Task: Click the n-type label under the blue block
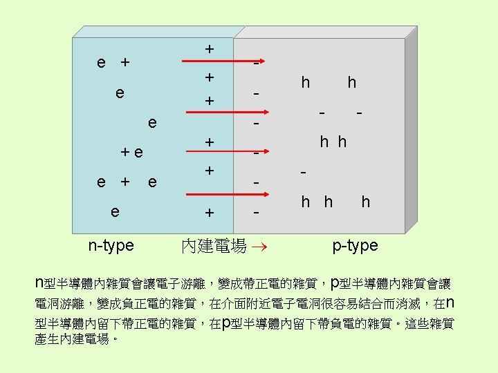click(x=111, y=245)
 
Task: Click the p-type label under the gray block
click(x=355, y=245)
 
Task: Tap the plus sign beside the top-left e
click(x=124, y=63)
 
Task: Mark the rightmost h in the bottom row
click(x=365, y=202)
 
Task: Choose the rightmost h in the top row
click(x=352, y=83)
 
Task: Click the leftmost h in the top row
click(x=305, y=83)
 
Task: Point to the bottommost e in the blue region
click(x=115, y=210)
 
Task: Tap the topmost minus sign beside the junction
click(x=256, y=64)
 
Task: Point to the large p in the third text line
click(x=227, y=323)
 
